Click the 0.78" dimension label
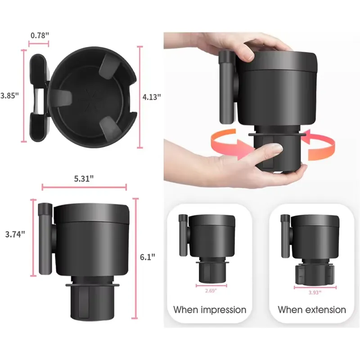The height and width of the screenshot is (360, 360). [x=40, y=36]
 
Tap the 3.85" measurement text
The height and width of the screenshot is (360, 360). [x=9, y=95]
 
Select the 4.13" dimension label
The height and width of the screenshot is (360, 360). [x=152, y=97]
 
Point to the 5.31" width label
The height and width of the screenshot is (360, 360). [x=84, y=178]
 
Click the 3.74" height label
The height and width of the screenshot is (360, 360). [x=15, y=234]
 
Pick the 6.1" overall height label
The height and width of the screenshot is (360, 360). [x=148, y=257]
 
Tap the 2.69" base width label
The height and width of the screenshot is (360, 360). [x=211, y=291]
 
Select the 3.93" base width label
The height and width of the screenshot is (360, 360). [x=315, y=292]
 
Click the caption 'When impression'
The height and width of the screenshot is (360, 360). [x=210, y=310]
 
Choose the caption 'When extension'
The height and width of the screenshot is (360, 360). [x=312, y=310]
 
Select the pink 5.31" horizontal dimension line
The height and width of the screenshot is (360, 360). [x=84, y=187]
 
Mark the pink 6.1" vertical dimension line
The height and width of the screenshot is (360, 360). [x=135, y=258]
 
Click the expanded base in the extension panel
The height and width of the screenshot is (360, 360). [x=314, y=275]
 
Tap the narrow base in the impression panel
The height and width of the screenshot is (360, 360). [x=211, y=273]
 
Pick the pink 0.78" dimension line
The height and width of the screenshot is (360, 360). [x=39, y=44]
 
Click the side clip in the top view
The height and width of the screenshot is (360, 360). [x=39, y=98]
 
